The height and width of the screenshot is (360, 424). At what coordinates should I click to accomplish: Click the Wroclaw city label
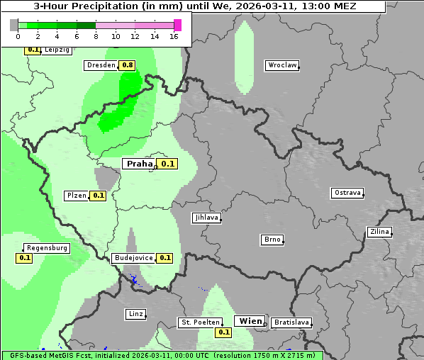point(281,65)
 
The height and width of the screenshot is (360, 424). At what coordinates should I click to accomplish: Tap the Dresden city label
point(101,65)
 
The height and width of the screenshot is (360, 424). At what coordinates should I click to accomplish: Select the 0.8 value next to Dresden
point(128,65)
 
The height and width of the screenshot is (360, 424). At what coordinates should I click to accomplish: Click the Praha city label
point(140,164)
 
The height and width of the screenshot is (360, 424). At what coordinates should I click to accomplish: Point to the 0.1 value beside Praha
point(168,164)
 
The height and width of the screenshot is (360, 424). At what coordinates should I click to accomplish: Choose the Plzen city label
point(77,196)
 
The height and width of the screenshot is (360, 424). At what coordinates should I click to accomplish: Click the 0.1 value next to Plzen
point(98,196)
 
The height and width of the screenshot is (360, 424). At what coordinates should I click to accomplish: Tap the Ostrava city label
point(347,193)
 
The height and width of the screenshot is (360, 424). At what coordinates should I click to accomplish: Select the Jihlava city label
point(206,218)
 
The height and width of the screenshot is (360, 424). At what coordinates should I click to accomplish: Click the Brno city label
point(272,240)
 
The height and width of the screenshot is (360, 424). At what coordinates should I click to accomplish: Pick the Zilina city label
point(379,232)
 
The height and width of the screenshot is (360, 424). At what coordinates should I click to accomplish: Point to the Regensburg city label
point(47,248)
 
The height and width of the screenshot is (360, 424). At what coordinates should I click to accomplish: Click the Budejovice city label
point(133,258)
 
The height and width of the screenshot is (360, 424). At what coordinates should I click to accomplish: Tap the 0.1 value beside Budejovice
point(165,258)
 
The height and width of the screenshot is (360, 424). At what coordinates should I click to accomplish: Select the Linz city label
point(135,314)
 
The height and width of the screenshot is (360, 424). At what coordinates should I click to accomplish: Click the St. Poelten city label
point(200,322)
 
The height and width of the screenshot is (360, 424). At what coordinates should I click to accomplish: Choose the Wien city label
point(250,321)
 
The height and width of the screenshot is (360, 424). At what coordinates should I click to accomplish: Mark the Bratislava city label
point(291,322)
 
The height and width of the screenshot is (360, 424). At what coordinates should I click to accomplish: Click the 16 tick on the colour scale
point(174,36)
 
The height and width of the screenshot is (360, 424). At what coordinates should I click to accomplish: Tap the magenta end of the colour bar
point(177,25)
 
